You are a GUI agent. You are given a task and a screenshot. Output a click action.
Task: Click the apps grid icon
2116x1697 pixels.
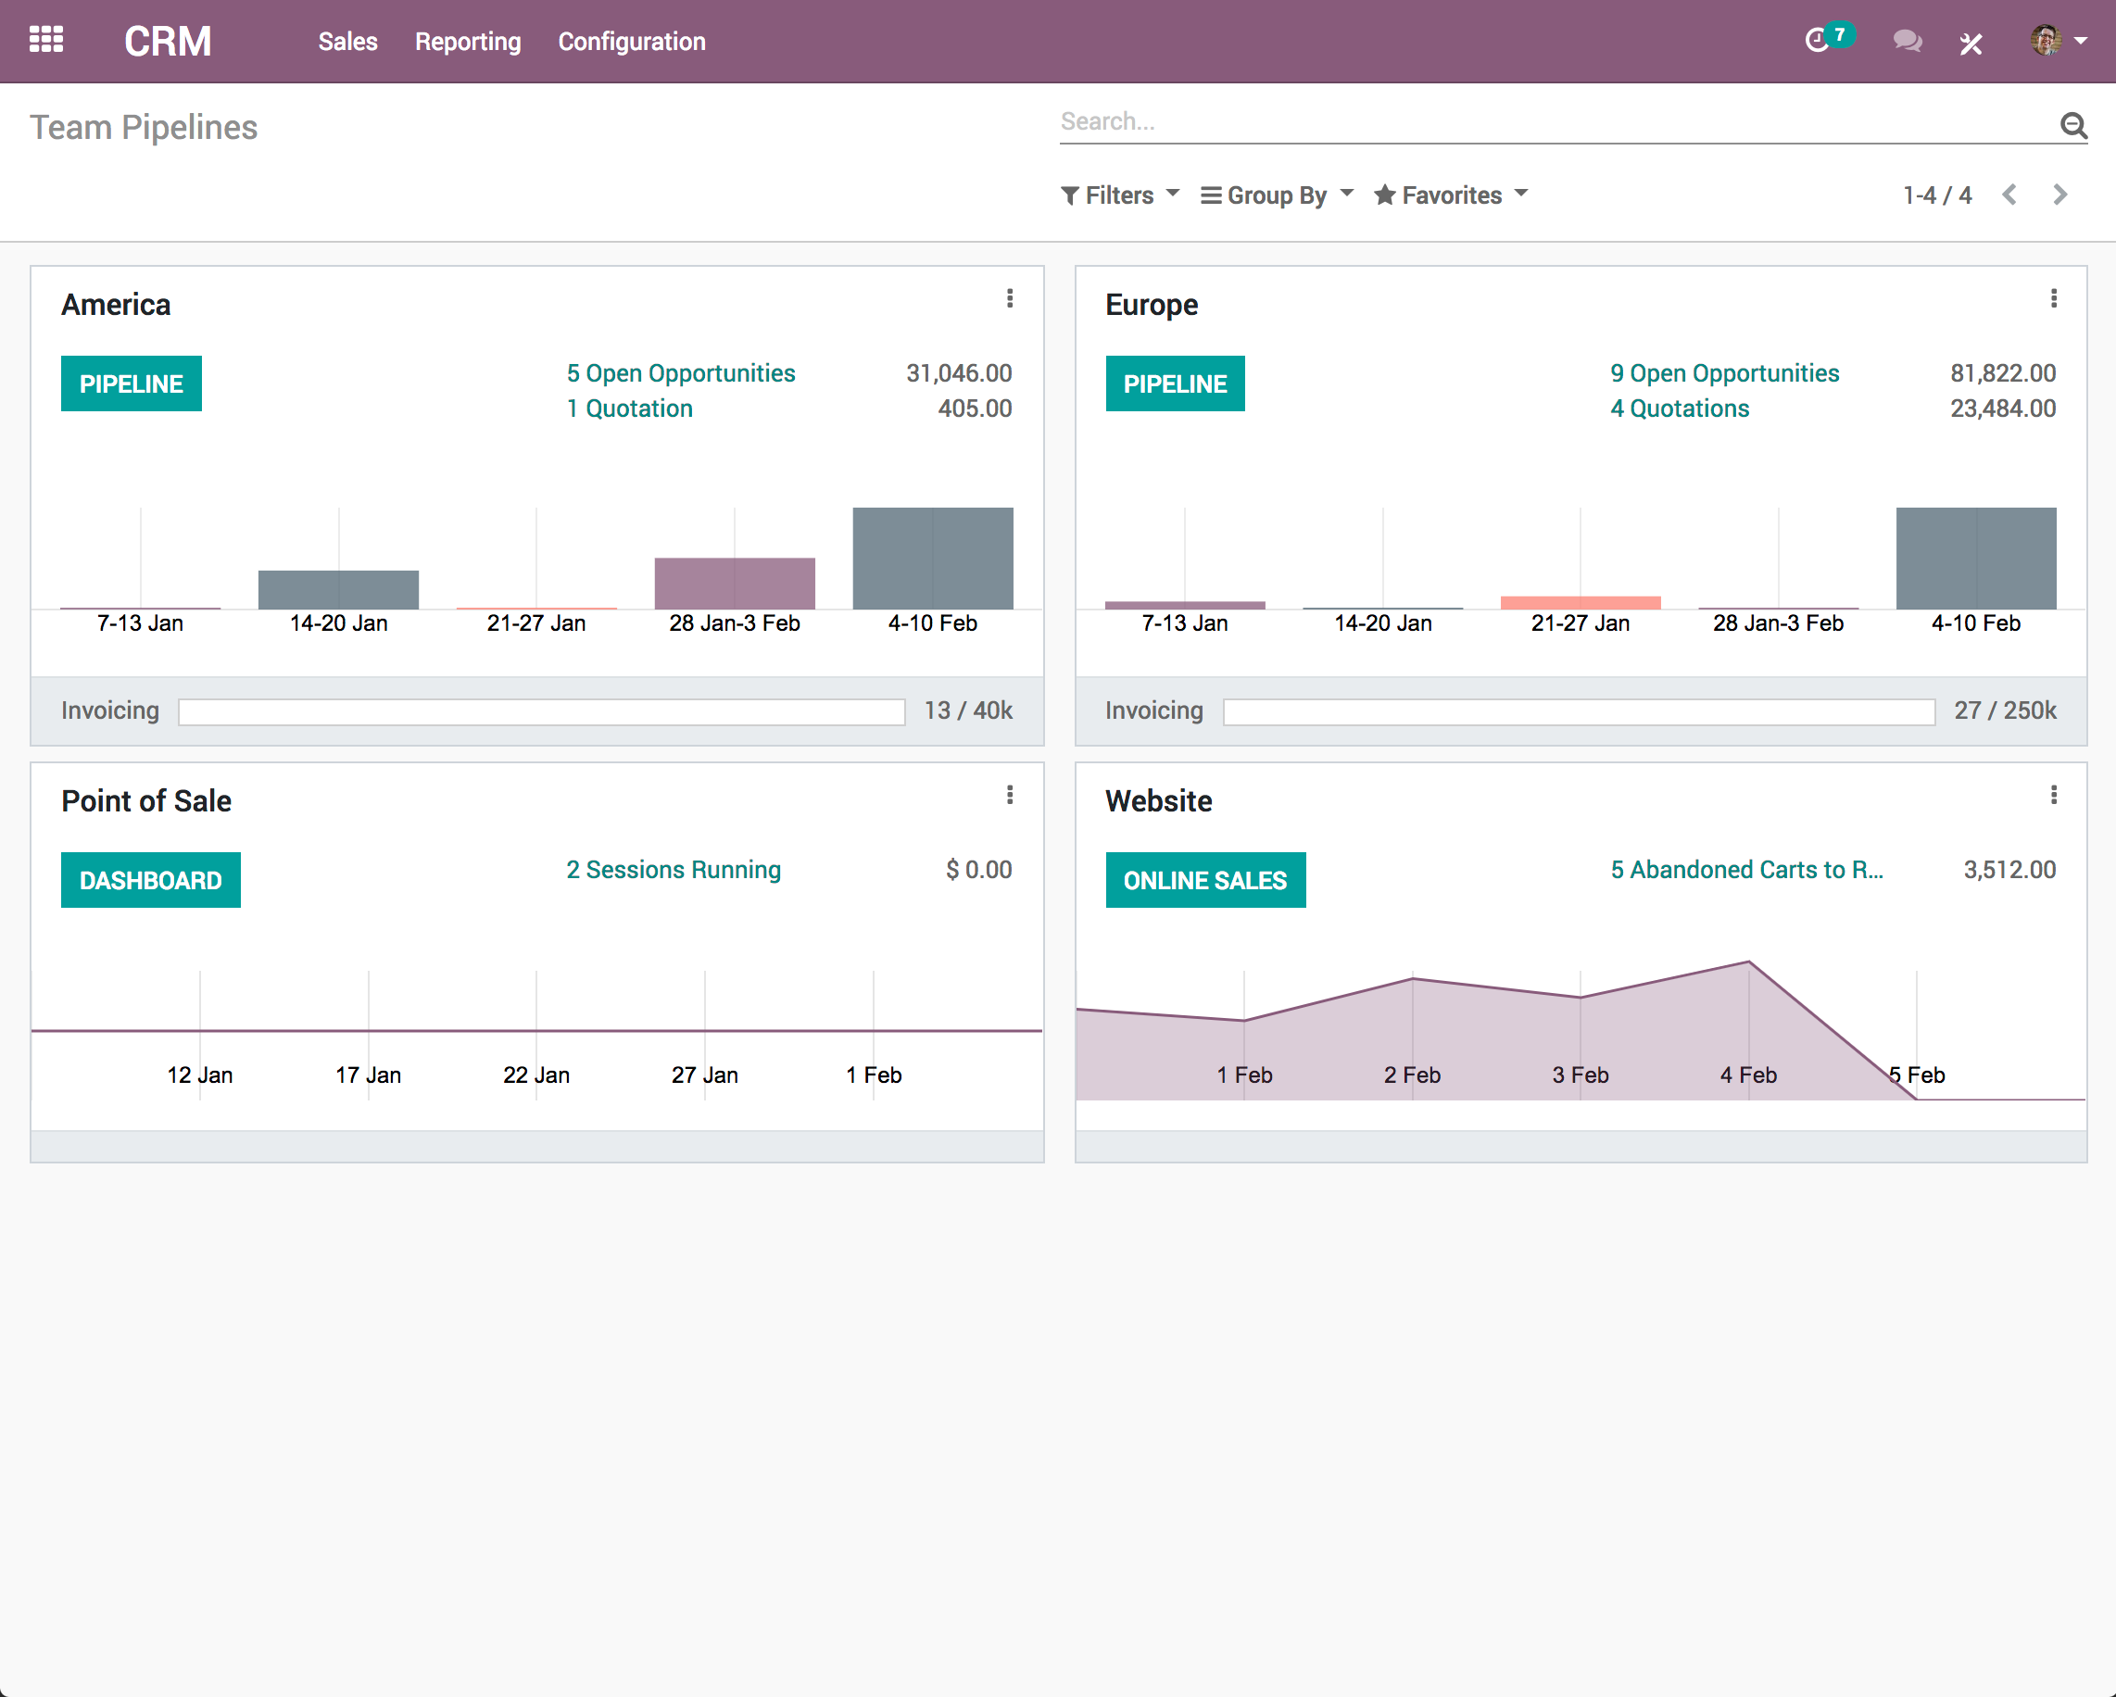tap(46, 40)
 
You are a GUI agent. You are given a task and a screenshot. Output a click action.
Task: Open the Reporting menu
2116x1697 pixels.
tap(467, 42)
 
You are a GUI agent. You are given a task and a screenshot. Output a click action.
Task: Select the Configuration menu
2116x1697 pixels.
tap(631, 42)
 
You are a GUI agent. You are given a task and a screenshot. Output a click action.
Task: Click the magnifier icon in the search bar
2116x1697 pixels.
tap(2072, 125)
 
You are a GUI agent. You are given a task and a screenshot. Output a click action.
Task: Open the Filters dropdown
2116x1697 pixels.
tap(1120, 195)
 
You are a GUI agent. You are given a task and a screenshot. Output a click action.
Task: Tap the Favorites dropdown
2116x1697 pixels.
tap(1451, 195)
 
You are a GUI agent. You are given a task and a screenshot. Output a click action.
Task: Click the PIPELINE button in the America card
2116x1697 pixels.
tap(131, 383)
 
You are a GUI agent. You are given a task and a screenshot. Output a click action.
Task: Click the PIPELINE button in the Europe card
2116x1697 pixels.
tap(1175, 383)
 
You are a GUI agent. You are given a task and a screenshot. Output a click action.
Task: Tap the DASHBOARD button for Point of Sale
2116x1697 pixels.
tap(150, 880)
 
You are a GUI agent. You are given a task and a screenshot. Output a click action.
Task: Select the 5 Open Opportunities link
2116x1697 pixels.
tap(680, 373)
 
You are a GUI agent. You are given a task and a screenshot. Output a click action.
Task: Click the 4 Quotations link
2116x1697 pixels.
tap(1680, 409)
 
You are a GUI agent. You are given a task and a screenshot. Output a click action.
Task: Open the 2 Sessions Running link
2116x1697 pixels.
tap(674, 870)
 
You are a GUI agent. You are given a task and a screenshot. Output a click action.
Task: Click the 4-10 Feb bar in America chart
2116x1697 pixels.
tap(932, 559)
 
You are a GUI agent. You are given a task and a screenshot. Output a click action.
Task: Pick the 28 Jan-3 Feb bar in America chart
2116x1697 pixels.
tap(734, 583)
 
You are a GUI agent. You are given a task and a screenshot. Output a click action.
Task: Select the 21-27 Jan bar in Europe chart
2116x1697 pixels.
tap(1581, 603)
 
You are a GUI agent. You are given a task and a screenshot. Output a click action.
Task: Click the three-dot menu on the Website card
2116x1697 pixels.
tap(2053, 795)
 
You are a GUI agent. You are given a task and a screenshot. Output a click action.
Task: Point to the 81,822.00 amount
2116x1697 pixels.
tap(2002, 373)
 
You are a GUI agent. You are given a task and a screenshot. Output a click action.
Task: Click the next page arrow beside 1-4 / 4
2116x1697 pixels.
tap(2059, 195)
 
